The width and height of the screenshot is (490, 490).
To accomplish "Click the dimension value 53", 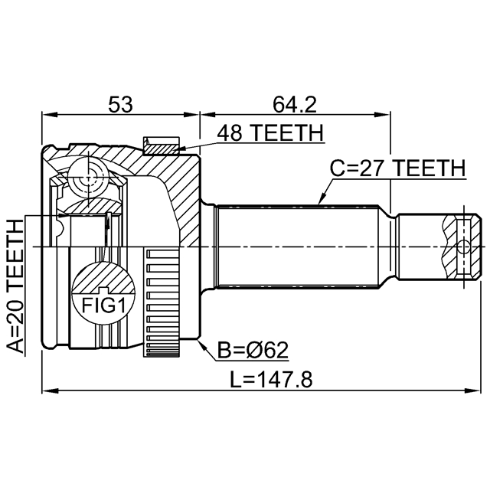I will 119,103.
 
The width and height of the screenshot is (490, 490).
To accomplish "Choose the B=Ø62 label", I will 253,351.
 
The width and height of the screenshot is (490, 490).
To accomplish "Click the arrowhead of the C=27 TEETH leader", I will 319,204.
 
